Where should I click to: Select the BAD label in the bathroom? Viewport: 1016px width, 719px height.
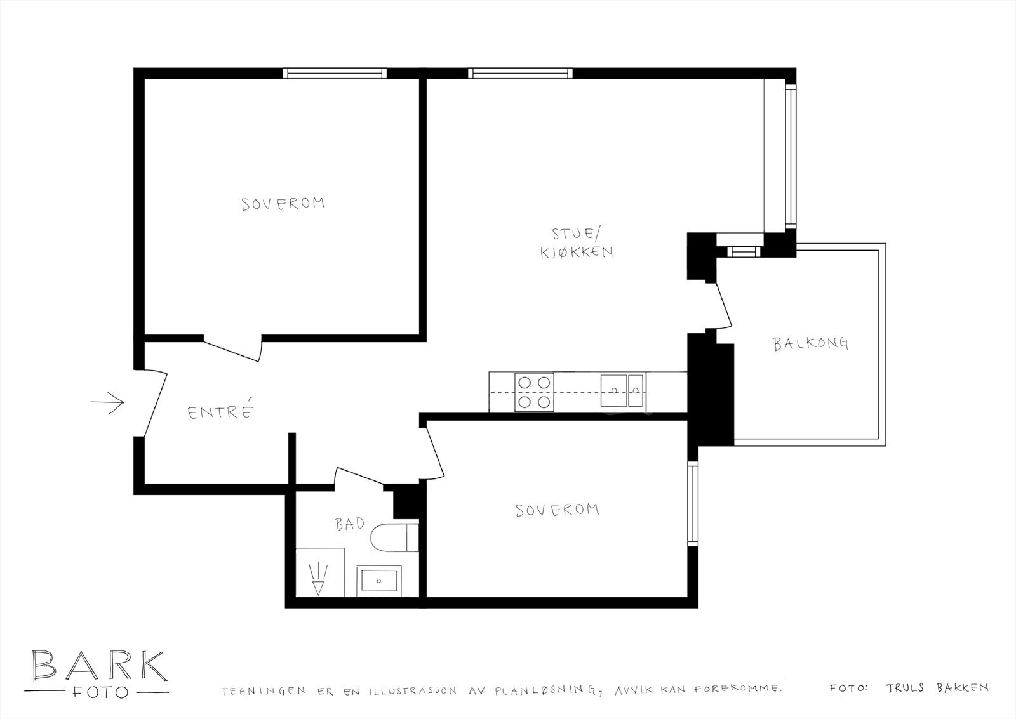350,524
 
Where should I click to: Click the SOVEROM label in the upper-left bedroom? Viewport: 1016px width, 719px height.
283,204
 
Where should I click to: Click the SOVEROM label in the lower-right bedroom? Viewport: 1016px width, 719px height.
558,510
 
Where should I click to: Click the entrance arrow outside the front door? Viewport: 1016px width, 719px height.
107,402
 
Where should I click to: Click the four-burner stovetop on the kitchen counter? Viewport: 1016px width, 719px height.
534,392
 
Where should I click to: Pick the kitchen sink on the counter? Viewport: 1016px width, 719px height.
623,390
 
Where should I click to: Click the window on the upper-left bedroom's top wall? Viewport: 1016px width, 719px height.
335,73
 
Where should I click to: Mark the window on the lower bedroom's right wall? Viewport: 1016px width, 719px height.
693,505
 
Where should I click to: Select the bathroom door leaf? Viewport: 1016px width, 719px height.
359,478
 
